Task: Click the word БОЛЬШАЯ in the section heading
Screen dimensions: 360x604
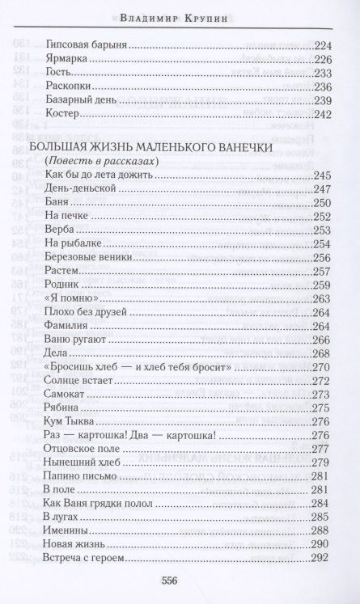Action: [57, 149]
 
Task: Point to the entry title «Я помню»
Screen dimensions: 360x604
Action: [71, 299]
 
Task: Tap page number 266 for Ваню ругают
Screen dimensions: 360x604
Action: [323, 340]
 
